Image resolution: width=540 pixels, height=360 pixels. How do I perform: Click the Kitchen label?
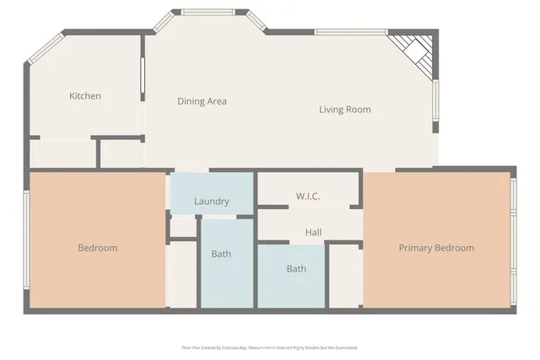coord(84,96)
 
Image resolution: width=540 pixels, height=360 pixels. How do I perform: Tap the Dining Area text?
coord(202,101)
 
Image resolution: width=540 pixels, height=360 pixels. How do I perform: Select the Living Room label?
coord(344,110)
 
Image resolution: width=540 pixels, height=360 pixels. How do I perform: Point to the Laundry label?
coord(212,201)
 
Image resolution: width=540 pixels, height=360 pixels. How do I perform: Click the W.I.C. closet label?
coord(307,196)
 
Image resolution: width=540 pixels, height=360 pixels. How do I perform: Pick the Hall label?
coord(313,232)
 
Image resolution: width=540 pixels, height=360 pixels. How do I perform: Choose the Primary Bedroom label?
coord(436,248)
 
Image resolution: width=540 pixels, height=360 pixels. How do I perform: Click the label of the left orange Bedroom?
coord(97,248)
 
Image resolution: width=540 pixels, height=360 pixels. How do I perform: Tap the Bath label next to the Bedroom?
coord(221,254)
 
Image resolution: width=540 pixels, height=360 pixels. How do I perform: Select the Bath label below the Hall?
coord(296,269)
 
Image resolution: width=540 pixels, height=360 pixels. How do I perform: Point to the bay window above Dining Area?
coord(211,12)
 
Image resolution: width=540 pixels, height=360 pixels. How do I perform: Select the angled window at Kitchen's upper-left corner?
coord(45,49)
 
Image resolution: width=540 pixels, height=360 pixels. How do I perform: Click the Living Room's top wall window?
coord(350,32)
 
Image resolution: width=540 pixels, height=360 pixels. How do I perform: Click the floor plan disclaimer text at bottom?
coord(269,347)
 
